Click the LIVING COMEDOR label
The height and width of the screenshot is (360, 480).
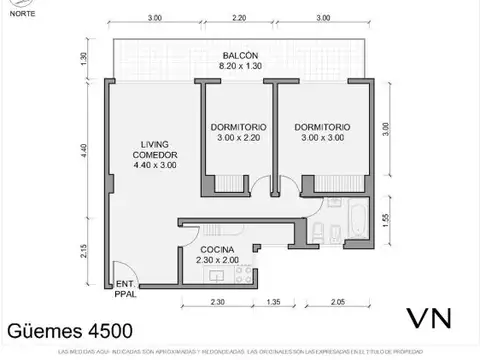tap(155, 155)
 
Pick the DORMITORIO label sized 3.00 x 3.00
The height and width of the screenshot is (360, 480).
tap(322, 128)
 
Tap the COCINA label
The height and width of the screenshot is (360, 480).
tap(218, 249)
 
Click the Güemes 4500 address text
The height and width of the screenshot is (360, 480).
tap(68, 329)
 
